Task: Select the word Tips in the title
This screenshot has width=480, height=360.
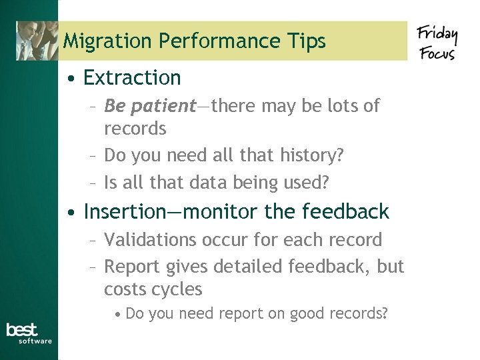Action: click(305, 41)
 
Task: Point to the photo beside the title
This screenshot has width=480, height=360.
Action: click(37, 41)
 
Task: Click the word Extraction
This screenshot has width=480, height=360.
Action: click(132, 78)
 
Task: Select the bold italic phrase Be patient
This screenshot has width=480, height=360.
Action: click(150, 106)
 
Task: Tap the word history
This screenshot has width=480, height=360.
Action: click(312, 155)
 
